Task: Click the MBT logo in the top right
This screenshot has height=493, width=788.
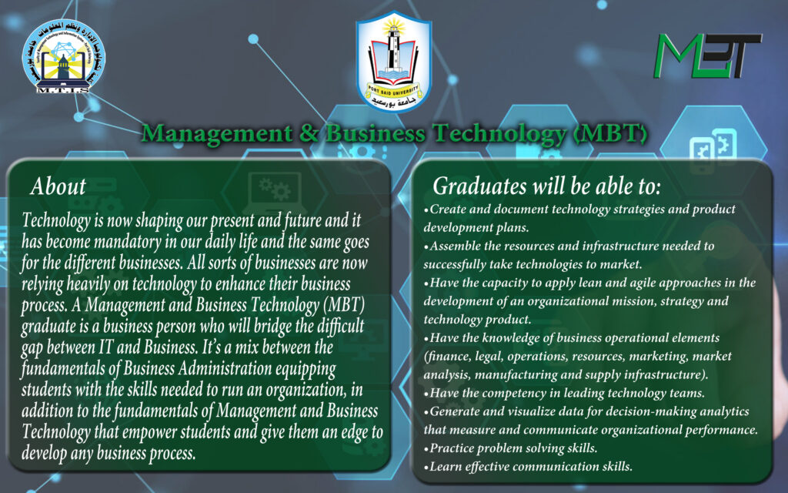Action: coord(708,55)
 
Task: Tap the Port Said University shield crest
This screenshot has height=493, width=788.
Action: coord(393,62)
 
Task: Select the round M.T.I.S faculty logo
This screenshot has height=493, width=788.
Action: coord(63,56)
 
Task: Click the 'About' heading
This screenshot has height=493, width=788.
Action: coord(58,186)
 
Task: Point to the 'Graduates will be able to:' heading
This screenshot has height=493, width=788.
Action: coord(546,186)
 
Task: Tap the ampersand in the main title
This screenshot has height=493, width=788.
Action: coord(309,133)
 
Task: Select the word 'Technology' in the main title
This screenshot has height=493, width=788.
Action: coord(499,134)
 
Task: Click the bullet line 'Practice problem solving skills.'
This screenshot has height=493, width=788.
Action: coord(511,448)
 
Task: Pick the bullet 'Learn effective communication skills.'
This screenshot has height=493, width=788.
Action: coord(528,467)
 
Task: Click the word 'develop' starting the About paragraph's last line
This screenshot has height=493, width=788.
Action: coord(43,453)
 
